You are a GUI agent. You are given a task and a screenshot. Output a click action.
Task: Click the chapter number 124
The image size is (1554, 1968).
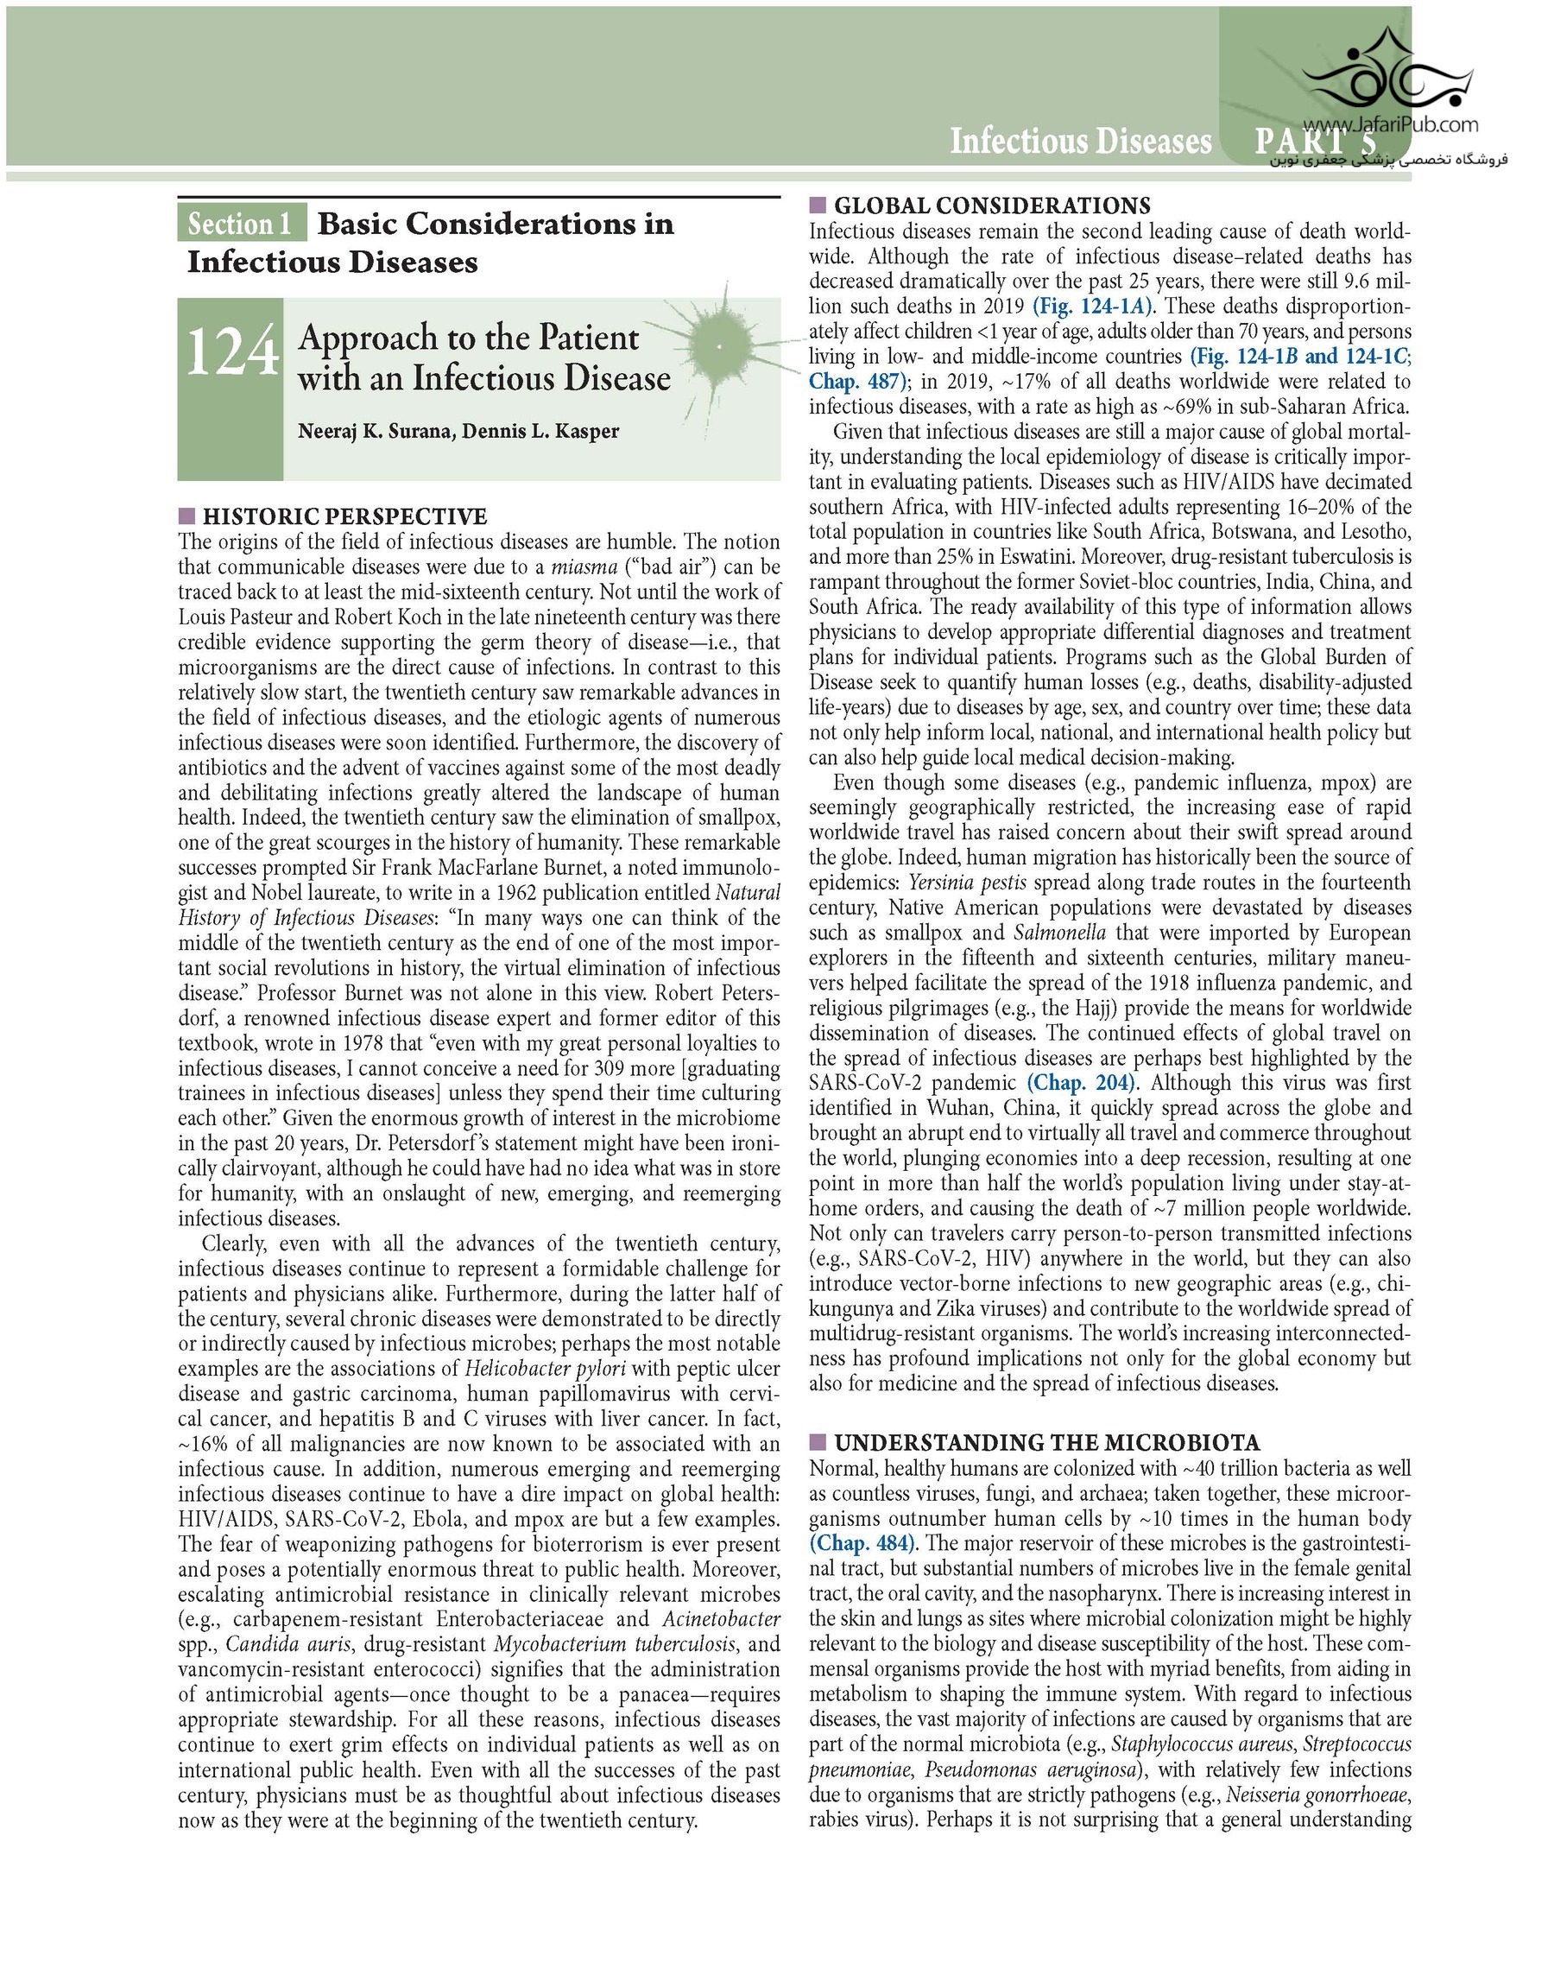tap(232, 353)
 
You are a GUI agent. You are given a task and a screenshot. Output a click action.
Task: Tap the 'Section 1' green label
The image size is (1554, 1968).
tap(241, 225)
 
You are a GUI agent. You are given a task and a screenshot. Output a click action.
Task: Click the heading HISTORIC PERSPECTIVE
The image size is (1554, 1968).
tap(344, 516)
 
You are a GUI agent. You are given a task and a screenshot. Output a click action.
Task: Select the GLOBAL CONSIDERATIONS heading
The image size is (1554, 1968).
tap(992, 206)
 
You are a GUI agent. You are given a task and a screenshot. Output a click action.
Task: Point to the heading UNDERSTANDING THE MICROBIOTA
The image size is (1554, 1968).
tap(1046, 1443)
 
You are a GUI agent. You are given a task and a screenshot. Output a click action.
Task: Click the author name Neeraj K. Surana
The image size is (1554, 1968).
tap(375, 431)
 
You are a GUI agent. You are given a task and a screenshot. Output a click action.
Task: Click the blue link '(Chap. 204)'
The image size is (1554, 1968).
tap(1083, 1084)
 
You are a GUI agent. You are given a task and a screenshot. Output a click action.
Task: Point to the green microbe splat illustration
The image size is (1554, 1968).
tap(721, 346)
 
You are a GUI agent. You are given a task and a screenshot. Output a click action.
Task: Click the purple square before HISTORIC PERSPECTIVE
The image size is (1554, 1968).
tap(186, 516)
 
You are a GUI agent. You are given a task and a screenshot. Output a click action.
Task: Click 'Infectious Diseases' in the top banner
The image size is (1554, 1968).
tap(1080, 141)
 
